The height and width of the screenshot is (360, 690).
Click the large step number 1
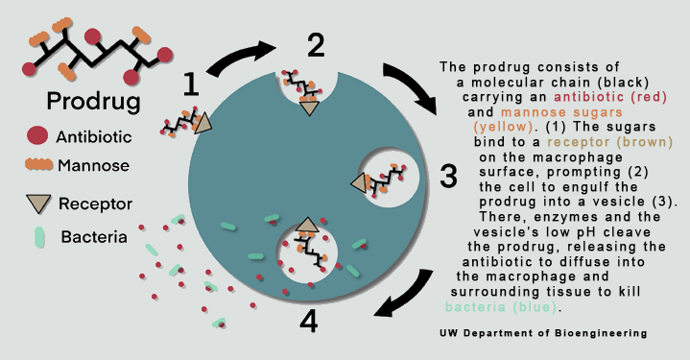click(191, 85)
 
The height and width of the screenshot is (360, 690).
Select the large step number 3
click(449, 175)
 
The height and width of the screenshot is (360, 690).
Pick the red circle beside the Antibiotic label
click(37, 135)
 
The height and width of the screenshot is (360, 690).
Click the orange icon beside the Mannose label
click(37, 164)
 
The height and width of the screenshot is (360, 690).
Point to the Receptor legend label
click(96, 204)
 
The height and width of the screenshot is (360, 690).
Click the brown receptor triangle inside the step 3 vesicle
click(364, 180)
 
